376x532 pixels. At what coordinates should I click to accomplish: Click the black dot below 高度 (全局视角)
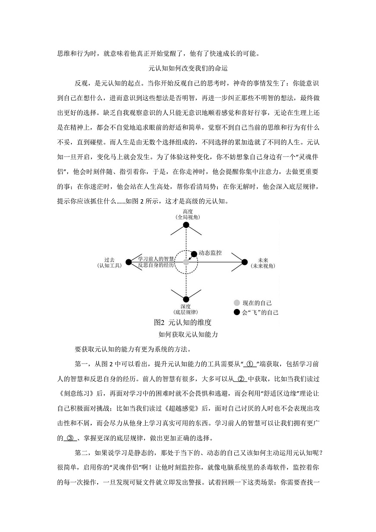186,225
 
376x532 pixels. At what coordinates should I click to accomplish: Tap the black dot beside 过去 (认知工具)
128,262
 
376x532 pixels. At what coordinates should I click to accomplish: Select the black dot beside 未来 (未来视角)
245,262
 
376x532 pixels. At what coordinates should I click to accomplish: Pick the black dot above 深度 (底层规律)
186,299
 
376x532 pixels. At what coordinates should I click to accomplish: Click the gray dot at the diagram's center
186,262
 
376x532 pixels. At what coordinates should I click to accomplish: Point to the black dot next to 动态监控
194,253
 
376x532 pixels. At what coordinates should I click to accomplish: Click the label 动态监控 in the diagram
210,253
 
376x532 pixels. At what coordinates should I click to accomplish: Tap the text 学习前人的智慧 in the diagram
156,258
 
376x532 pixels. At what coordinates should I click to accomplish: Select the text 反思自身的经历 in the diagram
156,265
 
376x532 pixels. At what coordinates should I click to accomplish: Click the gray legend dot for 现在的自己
236,303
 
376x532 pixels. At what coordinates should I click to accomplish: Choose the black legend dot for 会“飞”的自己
236,312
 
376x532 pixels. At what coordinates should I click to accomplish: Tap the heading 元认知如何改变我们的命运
188,68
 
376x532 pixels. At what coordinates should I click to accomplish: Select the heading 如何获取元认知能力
188,334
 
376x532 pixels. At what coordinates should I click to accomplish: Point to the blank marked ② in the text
240,379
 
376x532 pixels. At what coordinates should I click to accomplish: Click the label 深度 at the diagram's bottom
186,306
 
